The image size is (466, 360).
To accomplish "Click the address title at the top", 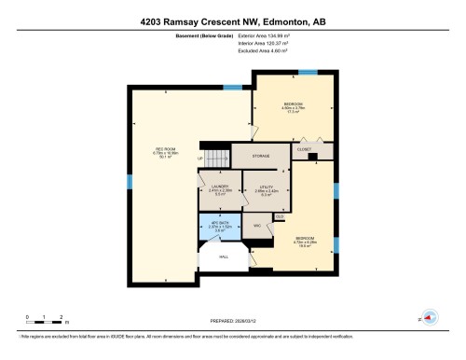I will [233, 20].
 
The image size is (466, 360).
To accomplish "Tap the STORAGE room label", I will [260, 157].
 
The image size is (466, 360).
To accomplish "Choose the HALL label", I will [224, 256].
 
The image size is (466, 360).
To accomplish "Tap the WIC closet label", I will [256, 225].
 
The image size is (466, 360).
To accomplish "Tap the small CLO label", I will [279, 216].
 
